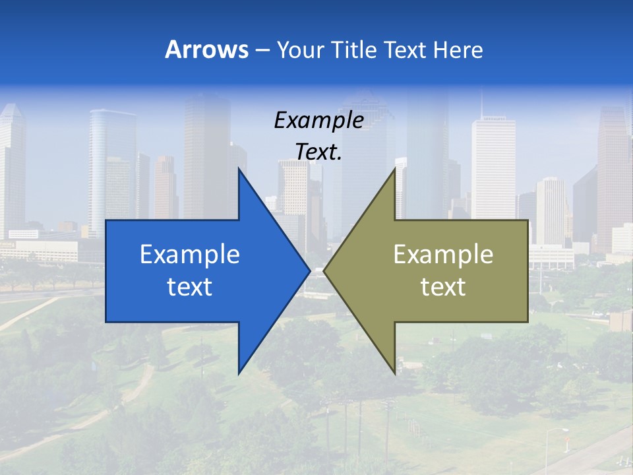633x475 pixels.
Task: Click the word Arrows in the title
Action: pos(206,50)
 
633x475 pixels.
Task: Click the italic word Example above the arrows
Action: pos(318,121)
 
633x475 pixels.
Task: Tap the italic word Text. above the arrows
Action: pos(318,152)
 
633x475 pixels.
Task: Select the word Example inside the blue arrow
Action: pos(190,255)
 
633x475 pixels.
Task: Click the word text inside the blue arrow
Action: pos(190,287)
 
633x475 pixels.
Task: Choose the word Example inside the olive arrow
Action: pos(443,255)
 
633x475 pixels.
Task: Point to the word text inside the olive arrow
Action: pos(443,287)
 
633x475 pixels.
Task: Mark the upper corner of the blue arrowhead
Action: pos(239,170)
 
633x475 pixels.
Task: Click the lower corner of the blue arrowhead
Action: pos(239,373)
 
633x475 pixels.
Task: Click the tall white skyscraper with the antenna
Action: pos(493,165)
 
